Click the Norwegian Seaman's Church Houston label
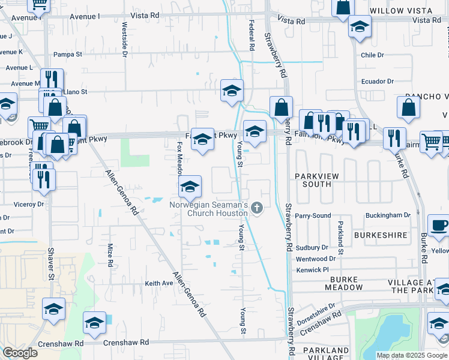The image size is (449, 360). click(217, 209)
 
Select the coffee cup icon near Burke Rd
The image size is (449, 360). click(439, 226)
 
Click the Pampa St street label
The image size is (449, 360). click(68, 55)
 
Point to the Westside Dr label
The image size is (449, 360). click(125, 40)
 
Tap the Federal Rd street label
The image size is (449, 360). click(251, 34)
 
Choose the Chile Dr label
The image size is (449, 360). click(372, 55)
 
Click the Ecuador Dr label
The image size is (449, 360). click(377, 82)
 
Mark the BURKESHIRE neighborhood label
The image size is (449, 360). click(381, 236)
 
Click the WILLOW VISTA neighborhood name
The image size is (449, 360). click(400, 11)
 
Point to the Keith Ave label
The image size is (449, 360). click(158, 283)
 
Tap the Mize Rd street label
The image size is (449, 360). click(110, 254)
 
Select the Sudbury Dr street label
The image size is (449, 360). click(312, 247)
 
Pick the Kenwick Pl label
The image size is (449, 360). click(313, 270)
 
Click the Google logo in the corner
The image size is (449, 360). click(20, 353)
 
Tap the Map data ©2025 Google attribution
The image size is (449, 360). click(411, 355)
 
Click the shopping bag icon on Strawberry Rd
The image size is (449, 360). click(281, 108)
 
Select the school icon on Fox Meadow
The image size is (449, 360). click(190, 187)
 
